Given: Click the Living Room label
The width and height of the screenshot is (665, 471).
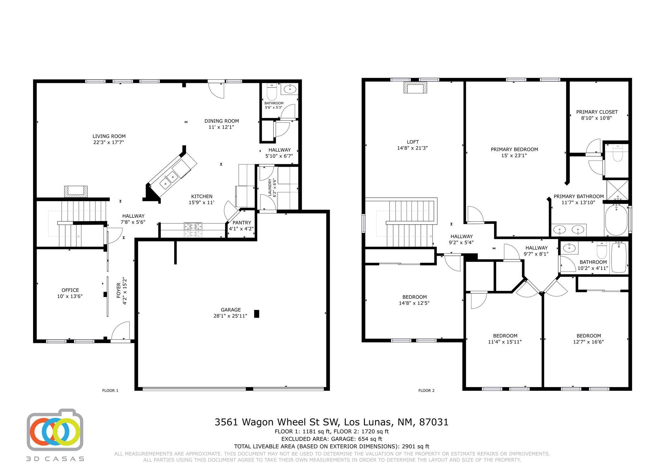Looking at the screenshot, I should (x=109, y=136).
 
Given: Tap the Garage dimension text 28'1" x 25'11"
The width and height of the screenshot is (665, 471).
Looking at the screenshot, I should (x=230, y=316).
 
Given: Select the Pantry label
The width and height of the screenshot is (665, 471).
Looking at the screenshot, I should (x=242, y=223).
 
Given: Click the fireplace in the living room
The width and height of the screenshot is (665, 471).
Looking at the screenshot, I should (x=76, y=191).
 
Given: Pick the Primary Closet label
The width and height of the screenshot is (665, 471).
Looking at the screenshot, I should (x=597, y=112).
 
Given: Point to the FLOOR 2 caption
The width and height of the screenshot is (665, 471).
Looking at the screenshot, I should (x=426, y=390).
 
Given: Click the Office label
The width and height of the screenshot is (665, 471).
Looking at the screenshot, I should (x=70, y=290).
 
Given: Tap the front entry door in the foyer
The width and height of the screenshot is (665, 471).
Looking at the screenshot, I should (x=121, y=332).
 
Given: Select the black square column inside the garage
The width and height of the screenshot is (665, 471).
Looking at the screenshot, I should (x=257, y=314).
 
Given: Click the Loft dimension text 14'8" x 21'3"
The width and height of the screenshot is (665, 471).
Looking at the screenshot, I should (x=412, y=148).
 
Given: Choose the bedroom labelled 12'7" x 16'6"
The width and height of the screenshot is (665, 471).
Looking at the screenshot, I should (x=588, y=339).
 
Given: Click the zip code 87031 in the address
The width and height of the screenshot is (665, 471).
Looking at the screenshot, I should (x=434, y=422).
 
